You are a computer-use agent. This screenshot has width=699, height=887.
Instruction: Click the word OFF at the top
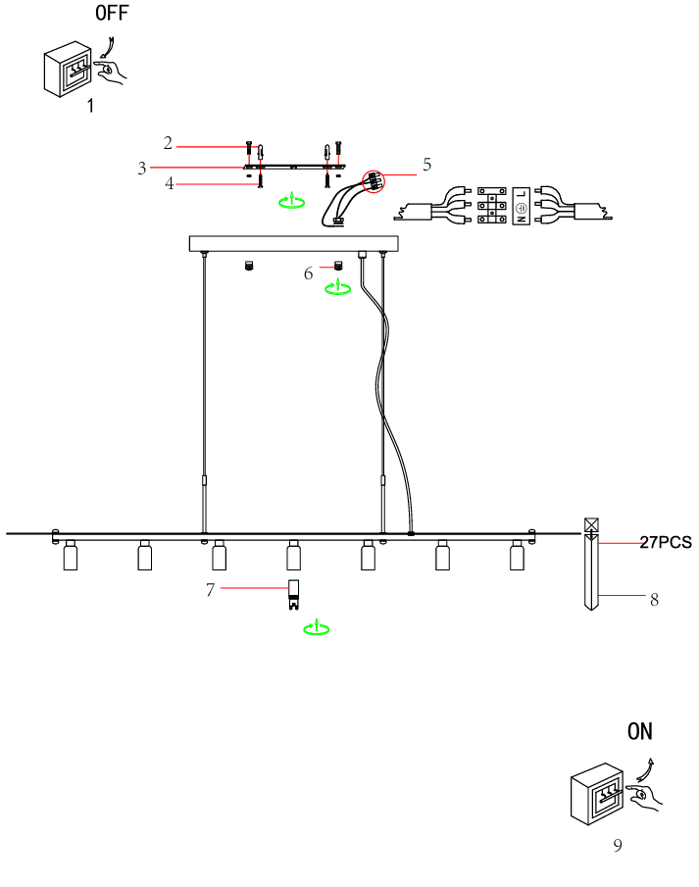pyautogui.click(x=111, y=14)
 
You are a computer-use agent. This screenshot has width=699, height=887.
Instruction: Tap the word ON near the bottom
pyautogui.click(x=640, y=731)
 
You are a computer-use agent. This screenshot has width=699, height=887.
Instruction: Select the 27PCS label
pyautogui.click(x=666, y=542)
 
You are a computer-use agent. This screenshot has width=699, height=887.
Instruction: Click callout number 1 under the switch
pyautogui.click(x=90, y=106)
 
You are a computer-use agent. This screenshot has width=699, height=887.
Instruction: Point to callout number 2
pyautogui.click(x=168, y=143)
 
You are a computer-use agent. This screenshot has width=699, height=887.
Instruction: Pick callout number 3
pyautogui.click(x=142, y=168)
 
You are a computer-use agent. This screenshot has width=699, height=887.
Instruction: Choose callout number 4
pyautogui.click(x=169, y=183)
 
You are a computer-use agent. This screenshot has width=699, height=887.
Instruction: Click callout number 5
pyautogui.click(x=426, y=165)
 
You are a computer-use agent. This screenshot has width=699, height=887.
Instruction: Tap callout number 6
pyautogui.click(x=308, y=273)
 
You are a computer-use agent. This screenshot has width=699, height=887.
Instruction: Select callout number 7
pyautogui.click(x=210, y=589)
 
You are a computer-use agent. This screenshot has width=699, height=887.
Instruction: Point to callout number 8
pyautogui.click(x=654, y=600)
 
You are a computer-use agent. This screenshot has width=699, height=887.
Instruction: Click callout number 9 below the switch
pyautogui.click(x=618, y=846)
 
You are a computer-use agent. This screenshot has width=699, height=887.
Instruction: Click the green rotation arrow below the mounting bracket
pyautogui.click(x=289, y=202)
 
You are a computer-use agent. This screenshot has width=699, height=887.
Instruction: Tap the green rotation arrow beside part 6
pyautogui.click(x=338, y=288)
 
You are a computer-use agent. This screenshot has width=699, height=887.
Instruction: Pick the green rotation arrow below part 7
pyautogui.click(x=315, y=628)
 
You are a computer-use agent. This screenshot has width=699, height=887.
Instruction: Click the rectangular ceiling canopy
pyautogui.click(x=294, y=243)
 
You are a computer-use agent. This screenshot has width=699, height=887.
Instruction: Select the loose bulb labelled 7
pyautogui.click(x=292, y=594)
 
